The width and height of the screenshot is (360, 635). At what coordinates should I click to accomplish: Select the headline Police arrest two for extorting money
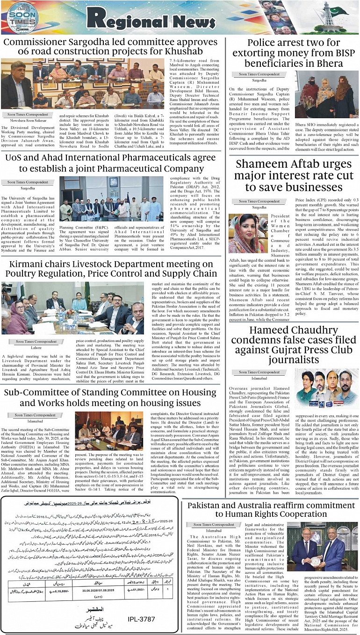[293, 53]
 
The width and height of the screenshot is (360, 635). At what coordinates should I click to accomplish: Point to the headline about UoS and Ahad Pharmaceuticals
[110, 163]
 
